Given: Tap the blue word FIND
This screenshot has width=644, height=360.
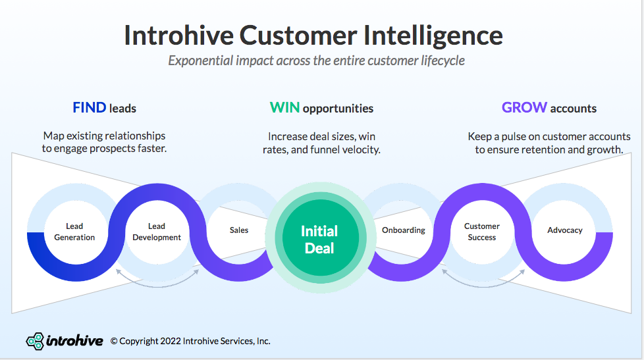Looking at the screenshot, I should pos(89,108).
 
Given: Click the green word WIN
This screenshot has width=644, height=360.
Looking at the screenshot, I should pos(284,108).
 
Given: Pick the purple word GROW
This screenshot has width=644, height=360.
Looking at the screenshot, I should pos(524,108).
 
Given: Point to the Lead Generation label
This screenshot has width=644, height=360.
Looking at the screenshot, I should pos(74,232).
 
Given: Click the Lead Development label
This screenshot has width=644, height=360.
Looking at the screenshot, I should pos(157,232).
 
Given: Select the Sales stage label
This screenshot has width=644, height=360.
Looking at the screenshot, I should pos(239,230).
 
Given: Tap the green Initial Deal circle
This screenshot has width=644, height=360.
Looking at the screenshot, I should pos(319,239).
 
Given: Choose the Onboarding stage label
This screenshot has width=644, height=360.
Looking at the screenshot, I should pos(404,230).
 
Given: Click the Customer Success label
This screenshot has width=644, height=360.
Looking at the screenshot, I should pos(482,232).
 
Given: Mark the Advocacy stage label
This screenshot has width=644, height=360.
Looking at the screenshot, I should pos(565,230).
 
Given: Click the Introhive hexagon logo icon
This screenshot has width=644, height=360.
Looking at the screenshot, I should pos(35,341).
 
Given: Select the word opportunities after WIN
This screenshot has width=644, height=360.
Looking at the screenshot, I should pos(338,109).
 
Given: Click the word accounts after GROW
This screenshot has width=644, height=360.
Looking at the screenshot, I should pos(574,109).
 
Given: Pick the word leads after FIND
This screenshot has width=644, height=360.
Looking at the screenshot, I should pos(123,109).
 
